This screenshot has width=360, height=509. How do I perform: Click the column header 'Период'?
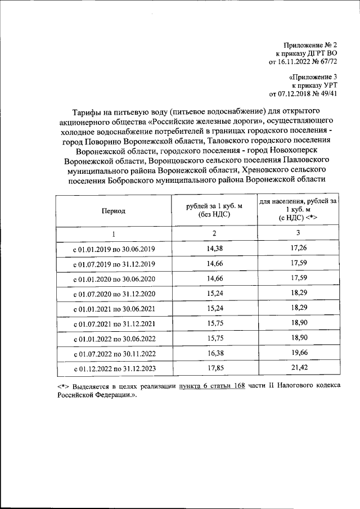pos(114,211)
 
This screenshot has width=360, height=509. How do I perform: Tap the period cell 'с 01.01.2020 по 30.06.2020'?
pos(114,280)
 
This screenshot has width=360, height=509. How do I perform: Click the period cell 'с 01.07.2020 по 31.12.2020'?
pos(114,294)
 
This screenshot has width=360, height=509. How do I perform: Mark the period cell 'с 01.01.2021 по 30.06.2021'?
pos(114,309)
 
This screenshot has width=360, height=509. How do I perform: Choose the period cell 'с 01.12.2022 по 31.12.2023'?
pos(114,369)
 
